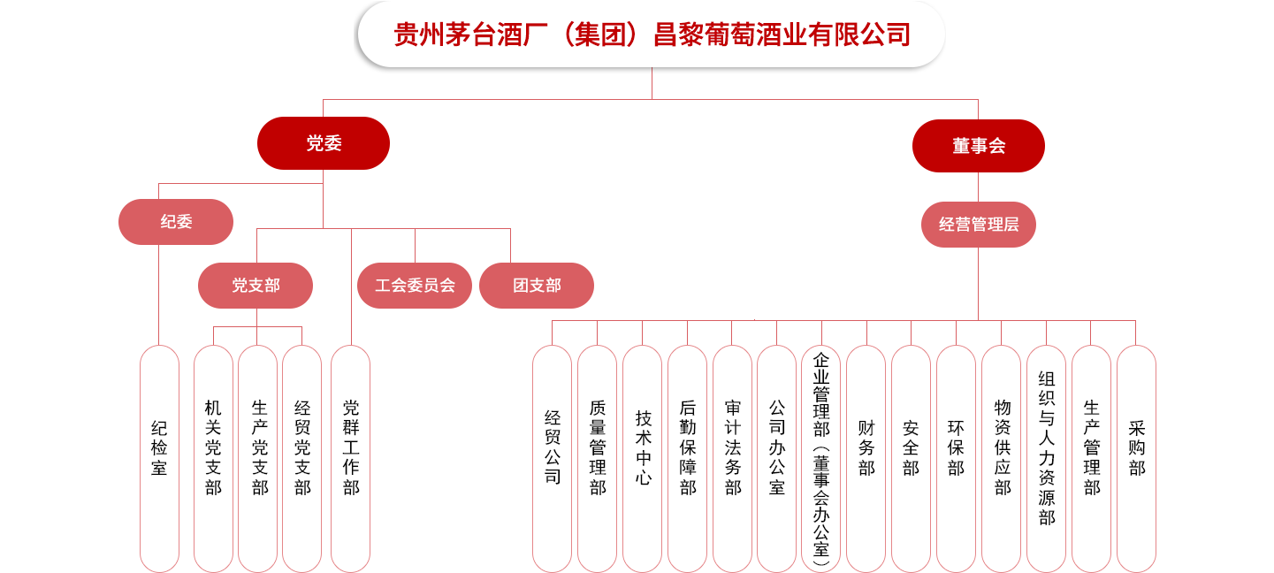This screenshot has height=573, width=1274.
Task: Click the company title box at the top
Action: coord(651,35)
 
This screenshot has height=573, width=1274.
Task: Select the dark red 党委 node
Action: coord(324,143)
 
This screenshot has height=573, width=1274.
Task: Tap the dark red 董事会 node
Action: coord(978,146)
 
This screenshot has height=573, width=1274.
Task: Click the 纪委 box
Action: coord(176,222)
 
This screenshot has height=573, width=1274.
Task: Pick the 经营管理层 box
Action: coord(978,225)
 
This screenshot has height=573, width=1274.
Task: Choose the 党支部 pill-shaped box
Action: coord(256,286)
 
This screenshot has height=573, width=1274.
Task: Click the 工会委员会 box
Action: coord(415,286)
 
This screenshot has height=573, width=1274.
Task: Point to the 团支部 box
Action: coord(537,286)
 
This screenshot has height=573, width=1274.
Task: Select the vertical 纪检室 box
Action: coord(159,458)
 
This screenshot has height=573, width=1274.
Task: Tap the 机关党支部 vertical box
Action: coord(213,458)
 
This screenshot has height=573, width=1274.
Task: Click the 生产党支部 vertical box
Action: coord(258,458)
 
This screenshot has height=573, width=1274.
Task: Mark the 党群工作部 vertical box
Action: coord(351,458)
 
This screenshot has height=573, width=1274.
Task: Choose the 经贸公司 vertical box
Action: coord(553,458)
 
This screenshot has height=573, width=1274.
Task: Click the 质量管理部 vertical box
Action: coord(598,458)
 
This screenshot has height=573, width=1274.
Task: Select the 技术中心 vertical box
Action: coord(643,458)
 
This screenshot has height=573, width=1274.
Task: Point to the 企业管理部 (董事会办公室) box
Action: coord(822,458)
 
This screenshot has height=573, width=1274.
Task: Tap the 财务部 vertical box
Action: coord(866,458)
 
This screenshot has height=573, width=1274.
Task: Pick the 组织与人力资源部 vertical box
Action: coord(1047,458)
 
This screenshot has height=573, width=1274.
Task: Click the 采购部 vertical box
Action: coord(1137,458)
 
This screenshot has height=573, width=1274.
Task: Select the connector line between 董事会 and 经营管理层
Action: coord(978,187)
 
